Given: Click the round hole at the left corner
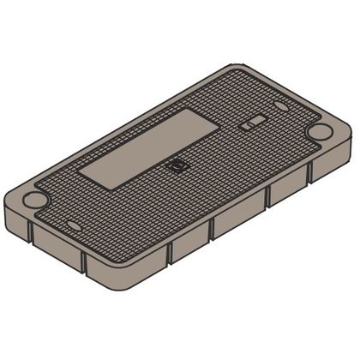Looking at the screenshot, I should click(35, 200).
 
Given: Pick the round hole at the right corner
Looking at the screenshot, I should click(319, 132).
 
